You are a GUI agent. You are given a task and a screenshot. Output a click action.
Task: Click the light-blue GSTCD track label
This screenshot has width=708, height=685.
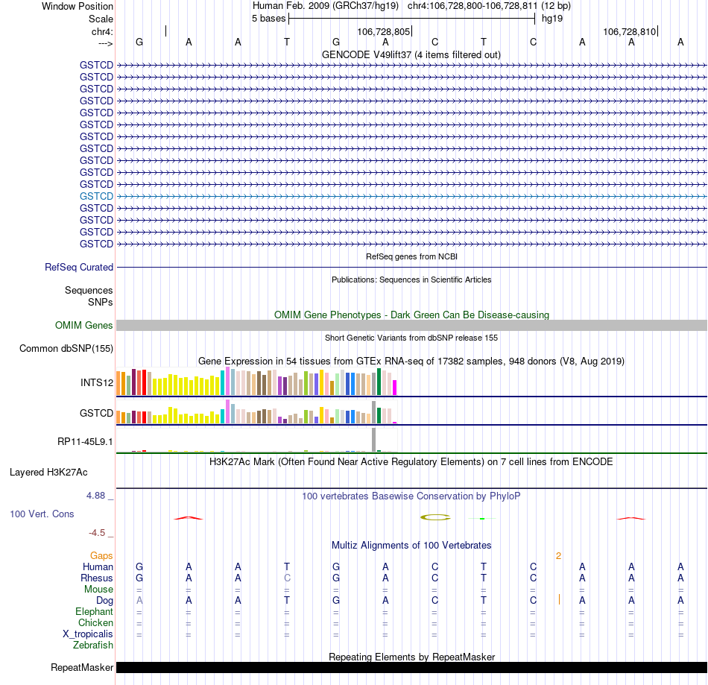click(x=96, y=196)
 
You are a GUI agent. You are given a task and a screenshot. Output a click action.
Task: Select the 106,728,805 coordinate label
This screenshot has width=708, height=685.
click(x=383, y=32)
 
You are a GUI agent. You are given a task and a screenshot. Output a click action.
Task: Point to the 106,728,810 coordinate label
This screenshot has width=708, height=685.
click(x=629, y=32)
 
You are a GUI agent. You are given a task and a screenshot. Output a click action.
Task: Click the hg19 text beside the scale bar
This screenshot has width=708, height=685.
click(x=552, y=18)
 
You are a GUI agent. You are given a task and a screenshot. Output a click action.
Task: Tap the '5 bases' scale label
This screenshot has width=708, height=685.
click(x=268, y=18)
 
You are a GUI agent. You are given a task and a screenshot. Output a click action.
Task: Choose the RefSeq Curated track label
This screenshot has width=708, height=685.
click(x=79, y=267)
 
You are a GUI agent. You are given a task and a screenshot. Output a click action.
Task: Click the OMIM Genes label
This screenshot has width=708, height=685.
click(x=84, y=325)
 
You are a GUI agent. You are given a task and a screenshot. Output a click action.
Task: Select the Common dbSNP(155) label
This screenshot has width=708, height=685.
click(x=66, y=348)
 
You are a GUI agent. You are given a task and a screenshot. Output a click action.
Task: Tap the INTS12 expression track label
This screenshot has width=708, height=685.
click(x=97, y=383)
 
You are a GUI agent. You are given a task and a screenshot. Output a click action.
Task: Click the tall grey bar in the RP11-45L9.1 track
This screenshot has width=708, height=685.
click(x=374, y=439)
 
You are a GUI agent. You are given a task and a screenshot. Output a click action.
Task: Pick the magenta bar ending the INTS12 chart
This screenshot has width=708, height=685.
click(x=395, y=388)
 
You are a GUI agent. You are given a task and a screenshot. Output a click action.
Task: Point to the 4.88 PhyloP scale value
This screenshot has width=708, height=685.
click(x=99, y=496)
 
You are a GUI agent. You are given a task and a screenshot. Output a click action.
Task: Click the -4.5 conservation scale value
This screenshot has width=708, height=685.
click(x=100, y=533)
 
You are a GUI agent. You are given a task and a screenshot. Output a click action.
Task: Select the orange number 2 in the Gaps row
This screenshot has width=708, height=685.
click(x=558, y=556)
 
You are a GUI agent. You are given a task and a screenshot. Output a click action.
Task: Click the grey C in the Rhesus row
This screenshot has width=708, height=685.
click(x=287, y=578)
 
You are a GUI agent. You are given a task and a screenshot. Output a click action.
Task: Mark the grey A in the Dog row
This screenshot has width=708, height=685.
click(x=139, y=600)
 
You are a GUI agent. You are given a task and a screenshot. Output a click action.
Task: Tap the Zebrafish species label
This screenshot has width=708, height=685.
click(x=93, y=645)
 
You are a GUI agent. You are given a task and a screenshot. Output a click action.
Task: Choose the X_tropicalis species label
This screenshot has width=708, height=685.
click(x=88, y=634)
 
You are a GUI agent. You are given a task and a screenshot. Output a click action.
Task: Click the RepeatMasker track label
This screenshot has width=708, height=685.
click(x=82, y=667)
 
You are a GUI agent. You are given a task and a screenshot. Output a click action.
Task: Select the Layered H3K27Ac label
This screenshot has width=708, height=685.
click(x=48, y=472)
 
